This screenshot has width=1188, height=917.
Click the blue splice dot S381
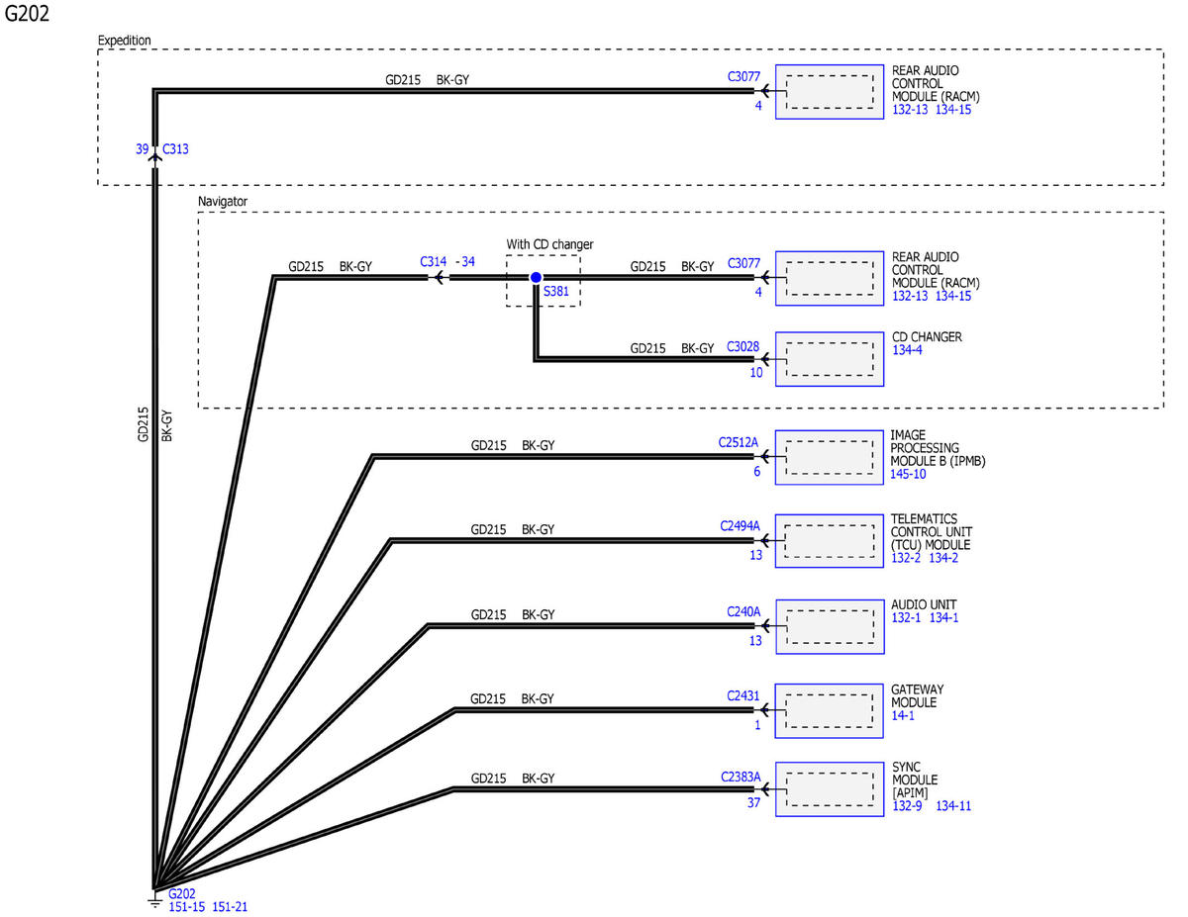(x=536, y=277)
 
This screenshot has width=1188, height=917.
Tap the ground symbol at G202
(x=155, y=901)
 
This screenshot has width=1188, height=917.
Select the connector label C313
(x=175, y=149)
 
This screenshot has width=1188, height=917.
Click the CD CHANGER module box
(x=830, y=359)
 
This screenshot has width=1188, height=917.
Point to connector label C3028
(x=742, y=347)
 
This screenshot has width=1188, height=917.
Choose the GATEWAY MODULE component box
(x=829, y=710)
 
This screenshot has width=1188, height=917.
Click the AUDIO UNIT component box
(x=830, y=626)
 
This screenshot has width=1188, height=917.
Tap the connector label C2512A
(x=739, y=442)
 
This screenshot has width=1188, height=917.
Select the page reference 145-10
(x=908, y=474)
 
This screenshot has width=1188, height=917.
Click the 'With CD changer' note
(x=549, y=244)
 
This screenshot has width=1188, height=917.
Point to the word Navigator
(x=223, y=202)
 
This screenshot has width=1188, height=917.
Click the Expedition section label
(x=124, y=41)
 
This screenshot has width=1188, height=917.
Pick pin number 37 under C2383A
(x=754, y=803)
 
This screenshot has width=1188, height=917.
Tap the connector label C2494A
(x=740, y=526)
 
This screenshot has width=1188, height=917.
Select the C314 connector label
(x=433, y=261)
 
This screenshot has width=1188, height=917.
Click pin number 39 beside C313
(x=143, y=149)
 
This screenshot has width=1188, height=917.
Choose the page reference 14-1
(x=903, y=715)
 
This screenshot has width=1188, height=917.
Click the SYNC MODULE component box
(x=830, y=789)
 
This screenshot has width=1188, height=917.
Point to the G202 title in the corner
(x=27, y=14)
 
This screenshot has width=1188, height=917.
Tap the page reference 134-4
(x=907, y=350)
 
